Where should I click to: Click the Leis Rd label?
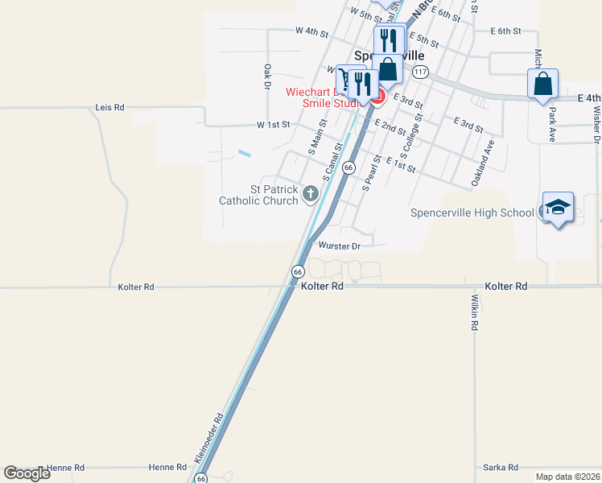click(x=109, y=107)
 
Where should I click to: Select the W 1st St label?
click(x=272, y=126)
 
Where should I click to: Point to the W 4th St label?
click(x=311, y=32)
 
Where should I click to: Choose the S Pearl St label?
click(x=371, y=173)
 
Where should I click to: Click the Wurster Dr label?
click(x=340, y=246)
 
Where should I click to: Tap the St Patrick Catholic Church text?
click(x=262, y=195)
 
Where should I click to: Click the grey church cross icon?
click(x=311, y=193)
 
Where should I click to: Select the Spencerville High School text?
click(x=472, y=213)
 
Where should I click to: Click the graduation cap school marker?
click(x=558, y=208)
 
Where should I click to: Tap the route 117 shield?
click(x=419, y=72)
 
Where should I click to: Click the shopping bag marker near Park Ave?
click(x=542, y=83)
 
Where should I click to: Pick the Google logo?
click(x=27, y=473)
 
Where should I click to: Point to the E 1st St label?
click(x=400, y=164)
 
